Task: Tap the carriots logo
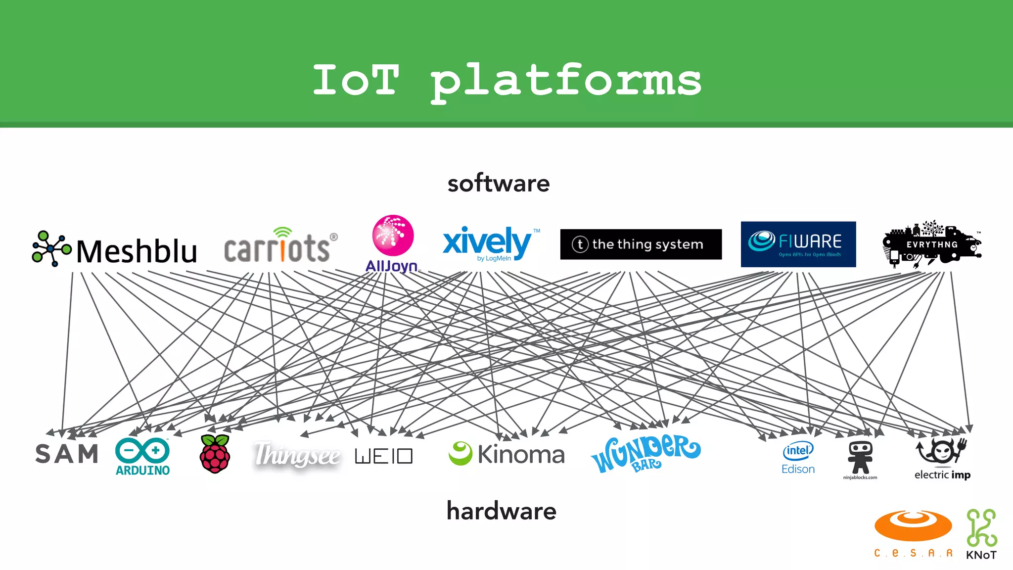click(280, 246)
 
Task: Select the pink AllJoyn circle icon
click(393, 236)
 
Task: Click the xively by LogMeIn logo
click(488, 243)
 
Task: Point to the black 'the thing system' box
click(641, 244)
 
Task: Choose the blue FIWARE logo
click(798, 244)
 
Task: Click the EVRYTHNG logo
click(931, 244)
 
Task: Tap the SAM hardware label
click(67, 454)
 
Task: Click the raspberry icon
click(215, 454)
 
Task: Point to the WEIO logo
click(383, 456)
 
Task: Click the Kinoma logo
click(506, 454)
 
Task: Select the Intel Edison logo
click(798, 458)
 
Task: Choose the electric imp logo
click(942, 458)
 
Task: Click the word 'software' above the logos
click(499, 184)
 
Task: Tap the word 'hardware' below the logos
click(501, 511)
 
